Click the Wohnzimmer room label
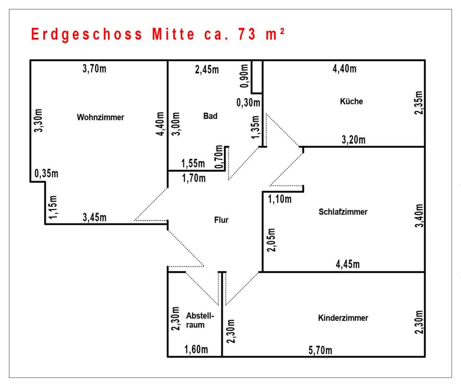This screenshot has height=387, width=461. tap(100, 117)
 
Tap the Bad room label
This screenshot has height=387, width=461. tap(210, 116)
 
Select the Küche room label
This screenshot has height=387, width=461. tap(351, 101)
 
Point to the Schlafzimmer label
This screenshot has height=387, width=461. tap(343, 212)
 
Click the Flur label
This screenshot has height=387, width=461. tap(221, 220)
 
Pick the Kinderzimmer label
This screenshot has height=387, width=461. tap(343, 318)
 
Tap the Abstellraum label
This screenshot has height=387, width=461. tap(199, 320)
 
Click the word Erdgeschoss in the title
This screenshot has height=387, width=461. tap(86, 35)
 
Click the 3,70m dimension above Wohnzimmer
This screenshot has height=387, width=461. tap(94, 69)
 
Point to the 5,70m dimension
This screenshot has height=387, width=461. tap(320, 350)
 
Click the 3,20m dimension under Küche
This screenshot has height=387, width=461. tap(353, 140)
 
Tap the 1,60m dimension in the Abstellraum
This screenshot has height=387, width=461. tap(196, 349)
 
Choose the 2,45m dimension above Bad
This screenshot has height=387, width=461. tap(207, 70)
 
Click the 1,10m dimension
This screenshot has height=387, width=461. tap(280, 199)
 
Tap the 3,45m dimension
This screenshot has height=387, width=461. tap(95, 217)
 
